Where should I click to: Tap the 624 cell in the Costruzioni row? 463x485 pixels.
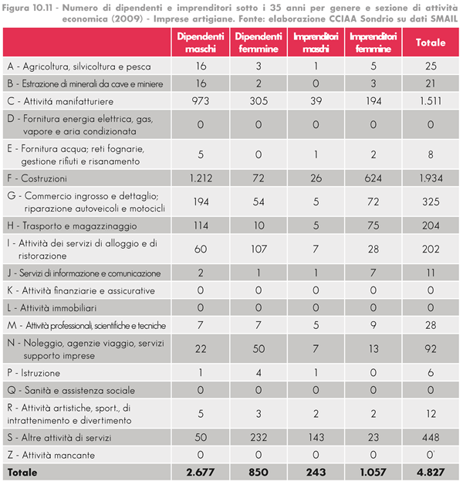pyautogui.click(x=373, y=178)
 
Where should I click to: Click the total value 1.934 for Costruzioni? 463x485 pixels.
pyautogui.click(x=431, y=178)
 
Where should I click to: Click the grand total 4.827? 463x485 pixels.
pyautogui.click(x=431, y=471)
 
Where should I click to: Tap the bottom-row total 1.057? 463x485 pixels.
pyautogui.click(x=373, y=471)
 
